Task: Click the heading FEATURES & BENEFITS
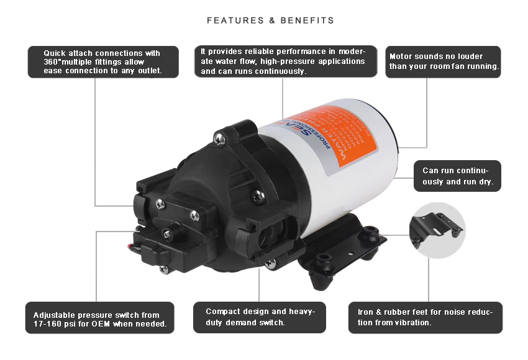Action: coord(270,20)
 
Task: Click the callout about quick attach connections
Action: coord(103,62)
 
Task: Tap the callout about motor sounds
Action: coord(444,61)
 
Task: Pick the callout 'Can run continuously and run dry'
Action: coord(457,176)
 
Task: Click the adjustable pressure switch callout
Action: coord(99,319)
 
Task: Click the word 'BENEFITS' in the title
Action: coord(310,20)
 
